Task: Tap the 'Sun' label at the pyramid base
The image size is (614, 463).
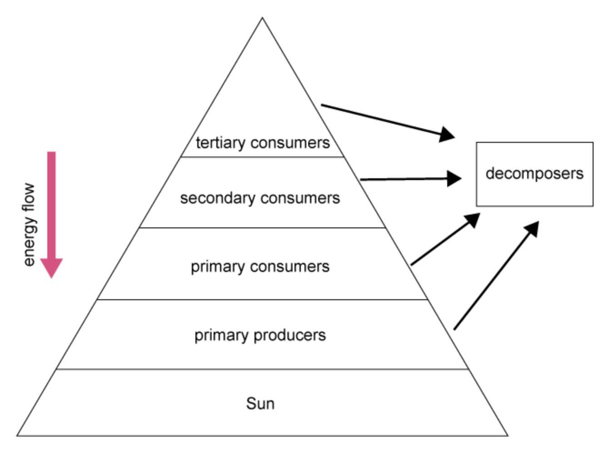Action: (x=260, y=403)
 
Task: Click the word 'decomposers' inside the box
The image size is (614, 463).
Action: (x=534, y=173)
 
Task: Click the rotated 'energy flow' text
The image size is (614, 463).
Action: (x=29, y=225)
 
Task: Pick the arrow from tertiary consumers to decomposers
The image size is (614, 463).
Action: (x=386, y=121)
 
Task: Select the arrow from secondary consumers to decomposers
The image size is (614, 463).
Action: (x=409, y=179)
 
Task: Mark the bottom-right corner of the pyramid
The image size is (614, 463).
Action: (x=507, y=436)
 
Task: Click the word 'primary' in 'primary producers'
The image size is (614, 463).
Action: (x=222, y=336)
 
